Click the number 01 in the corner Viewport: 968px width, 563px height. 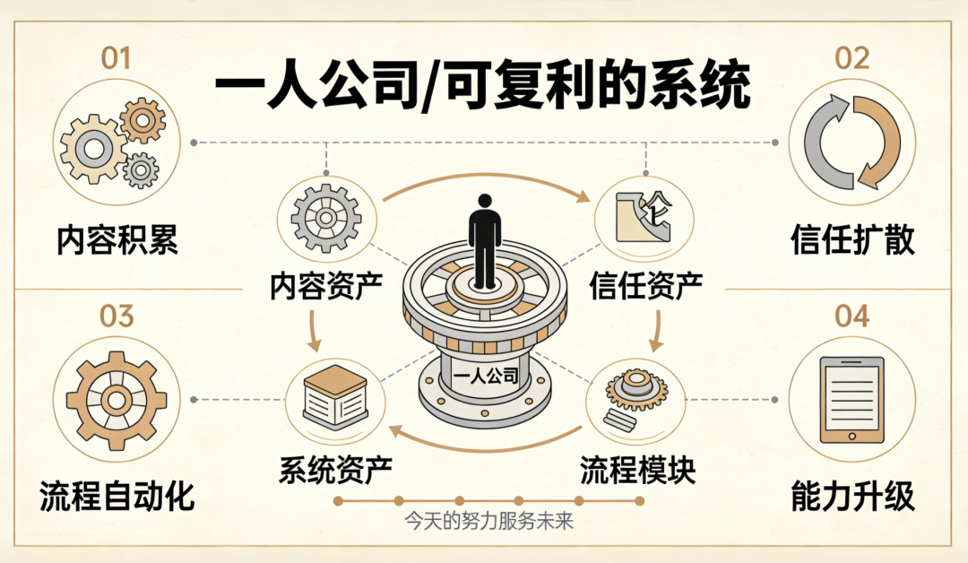coord(116,59)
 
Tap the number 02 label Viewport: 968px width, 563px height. coord(851,59)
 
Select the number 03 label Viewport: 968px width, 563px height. coord(117,316)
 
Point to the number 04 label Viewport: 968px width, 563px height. coord(851,316)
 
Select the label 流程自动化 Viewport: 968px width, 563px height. coord(117,496)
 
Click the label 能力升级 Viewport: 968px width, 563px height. coord(852,496)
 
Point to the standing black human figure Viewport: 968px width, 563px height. coord(485,238)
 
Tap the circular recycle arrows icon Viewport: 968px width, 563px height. coord(851,142)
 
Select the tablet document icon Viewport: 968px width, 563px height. coord(851,399)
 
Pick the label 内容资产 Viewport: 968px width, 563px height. coord(326,285)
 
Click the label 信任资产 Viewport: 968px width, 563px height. coord(645,285)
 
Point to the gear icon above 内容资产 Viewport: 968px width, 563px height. coord(326,218)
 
